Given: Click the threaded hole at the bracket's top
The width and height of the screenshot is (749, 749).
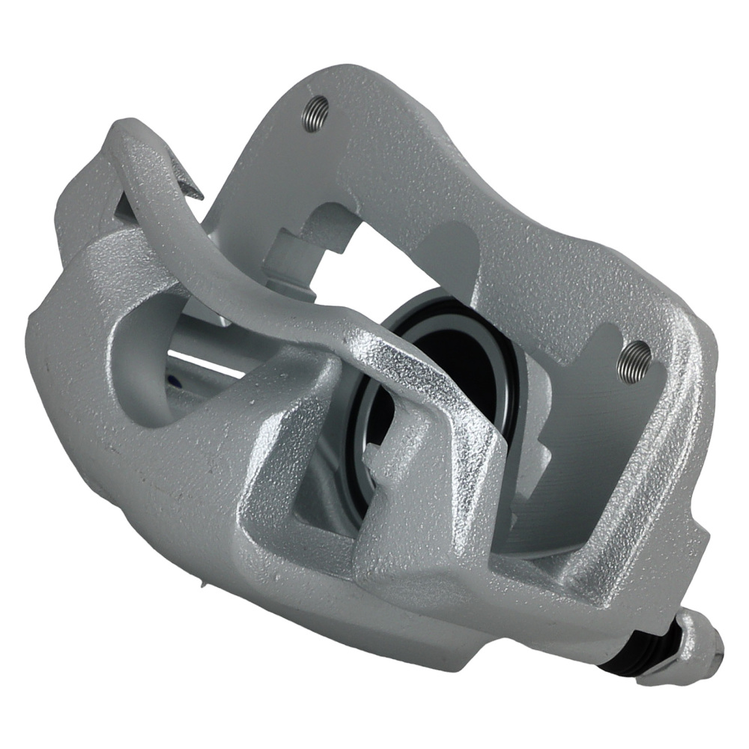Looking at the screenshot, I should [315, 113].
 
